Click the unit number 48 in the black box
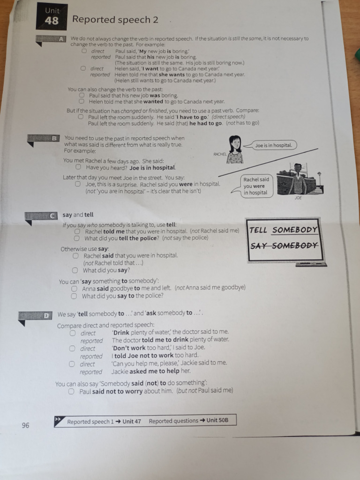coord(52,21)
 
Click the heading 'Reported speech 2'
coord(115,20)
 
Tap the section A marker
coord(61,39)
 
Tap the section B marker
coord(54,138)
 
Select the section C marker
coord(52,216)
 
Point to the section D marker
coord(46,315)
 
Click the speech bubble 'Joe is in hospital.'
coord(273,145)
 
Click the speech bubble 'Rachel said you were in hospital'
coord(255,186)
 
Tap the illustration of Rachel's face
coord(235,144)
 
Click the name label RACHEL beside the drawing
coord(219,154)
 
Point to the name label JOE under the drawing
coord(298,198)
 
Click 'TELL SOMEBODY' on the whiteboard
coord(283,230)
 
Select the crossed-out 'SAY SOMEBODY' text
coord(284,245)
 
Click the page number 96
coord(25,425)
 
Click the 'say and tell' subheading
coord(78,215)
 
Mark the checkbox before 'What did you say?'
coord(75,270)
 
